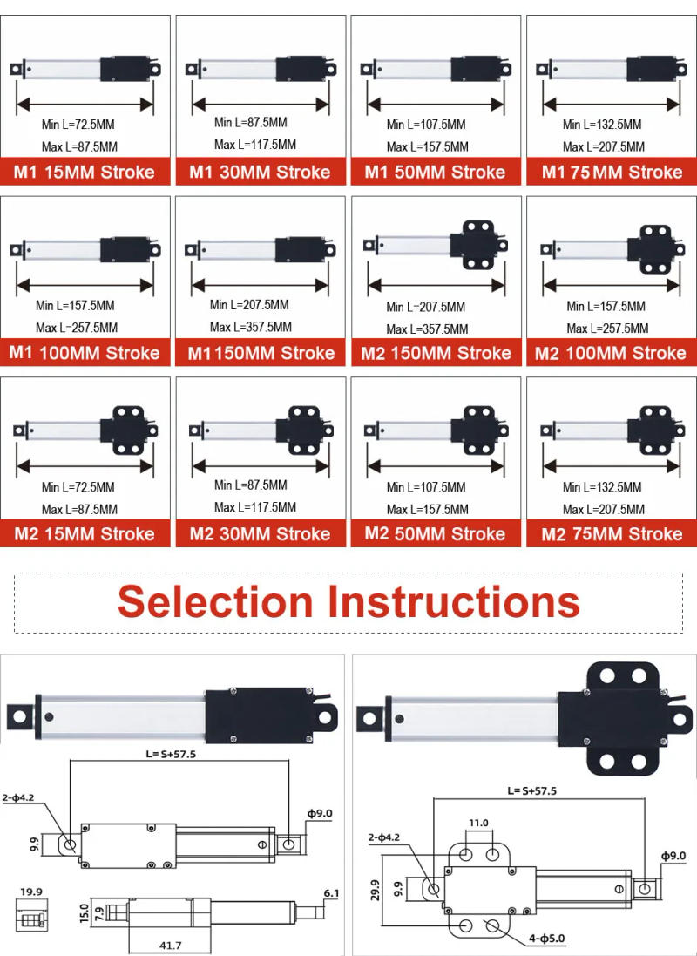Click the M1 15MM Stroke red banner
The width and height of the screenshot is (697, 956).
tap(85, 172)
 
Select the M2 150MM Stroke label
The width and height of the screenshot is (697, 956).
tap(436, 353)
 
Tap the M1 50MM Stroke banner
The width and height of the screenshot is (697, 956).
tap(436, 172)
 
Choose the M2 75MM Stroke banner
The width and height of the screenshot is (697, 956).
tap(612, 534)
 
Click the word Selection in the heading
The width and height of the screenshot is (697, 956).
tap(215, 602)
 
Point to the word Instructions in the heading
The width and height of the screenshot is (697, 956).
tap(453, 602)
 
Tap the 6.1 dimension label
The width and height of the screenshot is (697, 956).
tap(331, 893)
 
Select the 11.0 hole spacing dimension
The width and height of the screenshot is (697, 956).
tap(479, 823)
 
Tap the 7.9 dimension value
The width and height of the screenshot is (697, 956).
tap(100, 912)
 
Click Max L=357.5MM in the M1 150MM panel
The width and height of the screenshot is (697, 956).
tap(251, 328)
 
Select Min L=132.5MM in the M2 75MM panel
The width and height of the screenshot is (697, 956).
tap(602, 487)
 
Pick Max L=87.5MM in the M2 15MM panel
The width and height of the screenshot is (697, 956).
tap(79, 510)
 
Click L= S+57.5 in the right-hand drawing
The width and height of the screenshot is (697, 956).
tap(531, 791)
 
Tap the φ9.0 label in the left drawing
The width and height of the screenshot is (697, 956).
tap(320, 814)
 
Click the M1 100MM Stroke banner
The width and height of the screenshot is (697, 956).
tap(85, 353)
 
